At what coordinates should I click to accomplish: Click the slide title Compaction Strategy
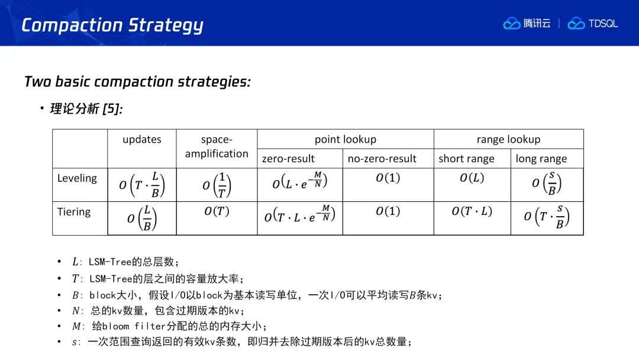click(112, 25)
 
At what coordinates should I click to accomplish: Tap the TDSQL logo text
click(603, 24)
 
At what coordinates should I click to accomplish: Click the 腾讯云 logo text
click(537, 24)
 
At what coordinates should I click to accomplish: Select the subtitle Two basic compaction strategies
click(137, 82)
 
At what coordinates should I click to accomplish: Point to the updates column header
click(142, 139)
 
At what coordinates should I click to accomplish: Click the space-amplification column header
click(217, 146)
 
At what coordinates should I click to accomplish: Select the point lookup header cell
click(345, 139)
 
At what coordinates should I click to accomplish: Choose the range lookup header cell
click(508, 139)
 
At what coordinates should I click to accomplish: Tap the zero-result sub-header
click(288, 159)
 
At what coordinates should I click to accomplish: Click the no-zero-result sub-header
click(382, 159)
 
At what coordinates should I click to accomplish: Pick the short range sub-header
click(466, 159)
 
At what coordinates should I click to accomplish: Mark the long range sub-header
click(541, 159)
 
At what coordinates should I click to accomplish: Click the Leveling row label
click(77, 178)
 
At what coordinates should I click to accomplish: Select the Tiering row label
click(74, 212)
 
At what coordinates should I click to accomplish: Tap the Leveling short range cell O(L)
click(472, 178)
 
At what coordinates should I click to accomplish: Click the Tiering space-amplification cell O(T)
click(217, 211)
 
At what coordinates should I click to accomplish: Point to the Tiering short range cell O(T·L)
click(472, 211)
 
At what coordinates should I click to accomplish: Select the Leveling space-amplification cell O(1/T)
click(217, 185)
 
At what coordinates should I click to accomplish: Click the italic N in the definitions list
click(76, 311)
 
